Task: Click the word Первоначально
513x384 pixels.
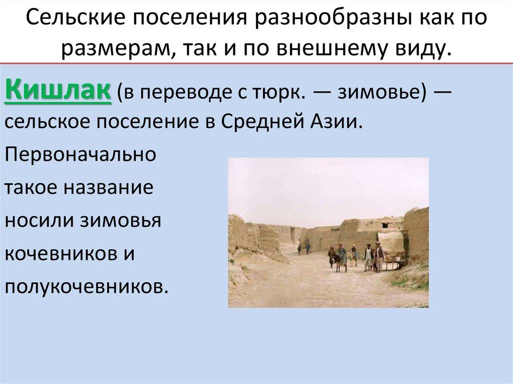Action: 80,154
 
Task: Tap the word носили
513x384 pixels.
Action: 41,220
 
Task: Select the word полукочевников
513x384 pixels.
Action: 85,286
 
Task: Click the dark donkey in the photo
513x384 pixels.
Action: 342,258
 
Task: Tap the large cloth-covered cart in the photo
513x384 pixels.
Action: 391,243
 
